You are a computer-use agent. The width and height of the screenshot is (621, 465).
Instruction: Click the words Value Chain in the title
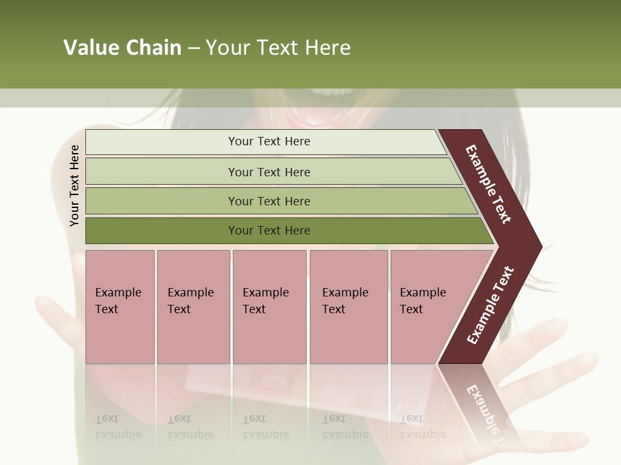coord(122,48)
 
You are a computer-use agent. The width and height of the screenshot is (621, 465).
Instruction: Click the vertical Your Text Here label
coord(74,185)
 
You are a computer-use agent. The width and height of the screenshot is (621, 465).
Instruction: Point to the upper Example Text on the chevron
coord(488,184)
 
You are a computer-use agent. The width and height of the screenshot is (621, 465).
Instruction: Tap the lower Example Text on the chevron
coord(490,305)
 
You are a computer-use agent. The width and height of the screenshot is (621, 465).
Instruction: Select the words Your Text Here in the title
coord(278,48)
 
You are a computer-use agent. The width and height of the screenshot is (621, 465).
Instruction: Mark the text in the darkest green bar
coord(269,231)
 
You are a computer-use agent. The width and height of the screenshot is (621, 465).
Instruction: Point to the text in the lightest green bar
coord(269,141)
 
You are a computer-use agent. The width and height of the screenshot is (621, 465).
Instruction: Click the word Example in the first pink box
coord(118,293)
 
